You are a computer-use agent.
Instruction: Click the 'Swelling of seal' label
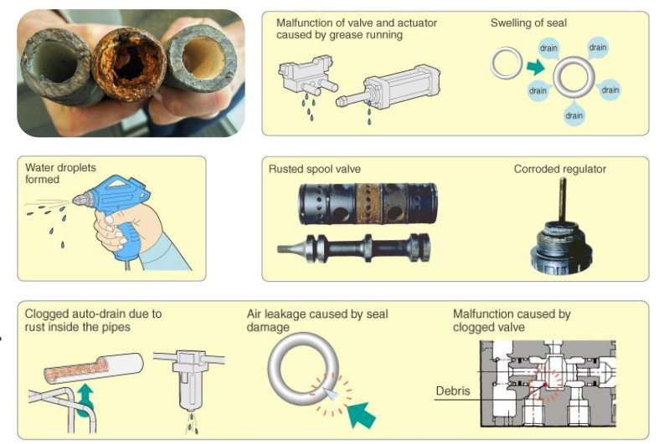(x=528, y=23)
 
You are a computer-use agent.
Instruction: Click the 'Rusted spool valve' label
(x=315, y=169)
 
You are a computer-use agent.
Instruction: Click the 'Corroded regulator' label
(x=559, y=169)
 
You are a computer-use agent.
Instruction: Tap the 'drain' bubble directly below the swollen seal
(x=574, y=115)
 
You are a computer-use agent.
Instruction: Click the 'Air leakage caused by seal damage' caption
(x=317, y=321)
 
